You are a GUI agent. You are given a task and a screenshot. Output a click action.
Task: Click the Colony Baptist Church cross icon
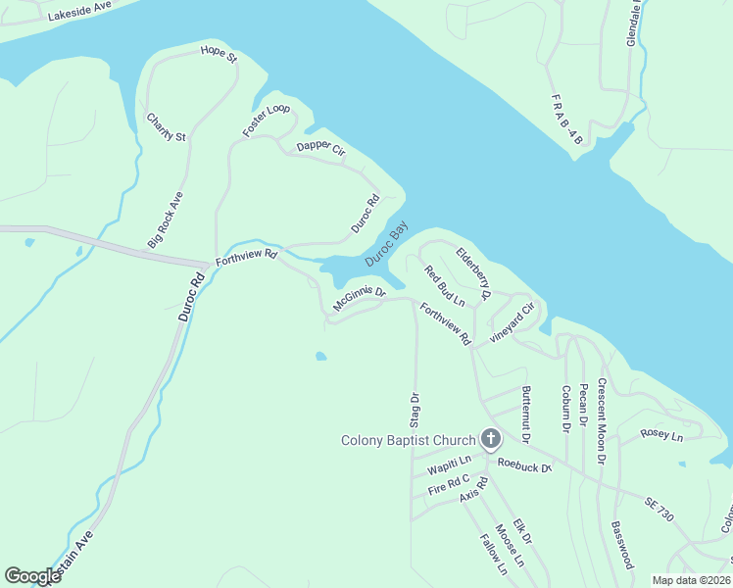pyautogui.click(x=490, y=440)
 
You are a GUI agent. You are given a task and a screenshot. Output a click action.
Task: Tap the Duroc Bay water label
pyautogui.click(x=386, y=244)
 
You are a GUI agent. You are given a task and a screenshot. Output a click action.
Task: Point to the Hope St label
pyautogui.click(x=219, y=53)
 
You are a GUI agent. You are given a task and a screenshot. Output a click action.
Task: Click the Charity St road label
pyautogui.click(x=166, y=127)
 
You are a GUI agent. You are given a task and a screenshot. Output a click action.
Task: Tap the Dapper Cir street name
pyautogui.click(x=321, y=149)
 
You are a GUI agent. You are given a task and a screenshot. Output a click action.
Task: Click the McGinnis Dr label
pyautogui.click(x=360, y=299)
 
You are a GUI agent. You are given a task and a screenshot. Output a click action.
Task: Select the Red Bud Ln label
pyautogui.click(x=443, y=285)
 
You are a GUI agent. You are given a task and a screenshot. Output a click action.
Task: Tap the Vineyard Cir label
pyautogui.click(x=513, y=321)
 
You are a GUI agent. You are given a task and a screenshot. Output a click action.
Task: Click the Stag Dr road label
pyautogui.click(x=414, y=410)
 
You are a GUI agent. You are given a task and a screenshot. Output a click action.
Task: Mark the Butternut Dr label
pyautogui.click(x=526, y=410)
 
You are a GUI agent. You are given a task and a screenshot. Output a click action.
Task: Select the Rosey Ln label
pyautogui.click(x=660, y=433)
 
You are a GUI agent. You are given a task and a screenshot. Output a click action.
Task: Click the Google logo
pyautogui.click(x=33, y=576)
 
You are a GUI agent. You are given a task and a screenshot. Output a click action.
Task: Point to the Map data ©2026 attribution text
pyautogui.click(x=691, y=580)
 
